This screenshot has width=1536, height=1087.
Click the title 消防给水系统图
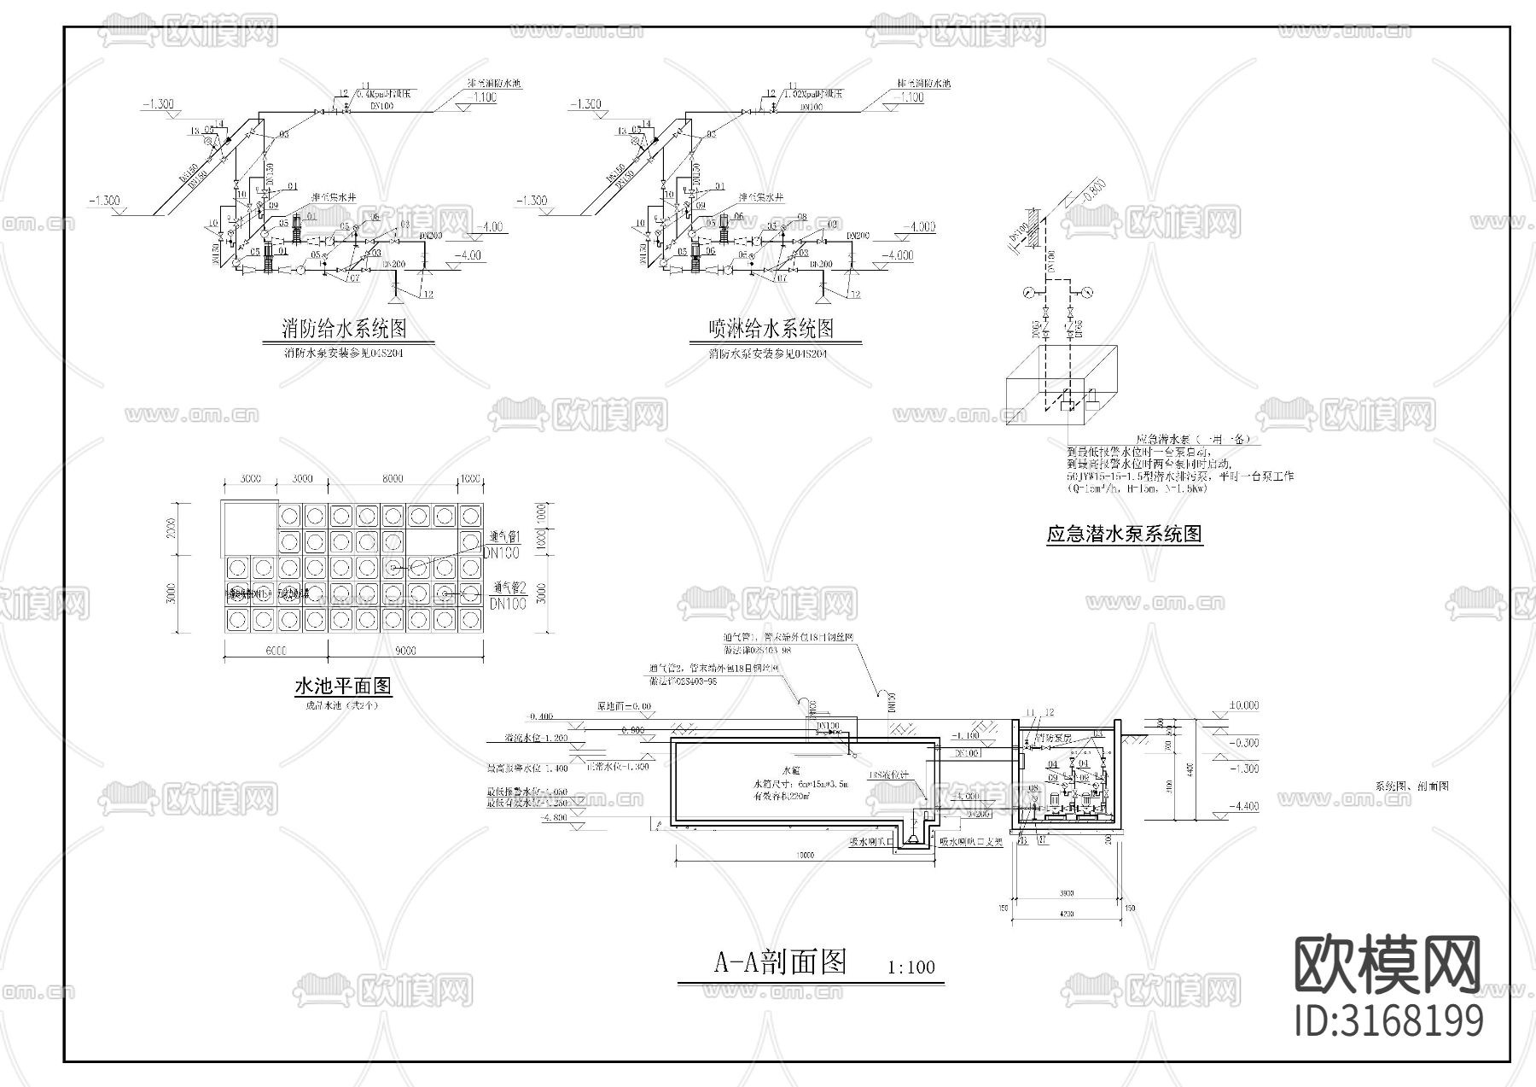click(343, 328)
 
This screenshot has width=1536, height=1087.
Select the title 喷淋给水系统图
click(771, 328)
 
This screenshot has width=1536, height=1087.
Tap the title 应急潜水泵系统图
click(1124, 535)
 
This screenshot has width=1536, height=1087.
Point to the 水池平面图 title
click(342, 686)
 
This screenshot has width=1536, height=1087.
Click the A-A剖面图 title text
click(780, 962)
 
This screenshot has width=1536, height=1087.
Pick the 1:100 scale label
click(911, 967)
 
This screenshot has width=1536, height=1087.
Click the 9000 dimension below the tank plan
click(405, 651)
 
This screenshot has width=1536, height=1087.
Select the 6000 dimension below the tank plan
click(275, 651)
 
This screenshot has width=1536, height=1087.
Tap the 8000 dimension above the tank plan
click(392, 480)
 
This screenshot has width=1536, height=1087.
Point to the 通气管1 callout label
click(504, 537)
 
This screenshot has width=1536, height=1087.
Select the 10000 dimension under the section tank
click(804, 856)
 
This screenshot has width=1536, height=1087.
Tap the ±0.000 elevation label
click(1242, 706)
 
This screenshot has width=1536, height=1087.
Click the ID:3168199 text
click(1388, 1021)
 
